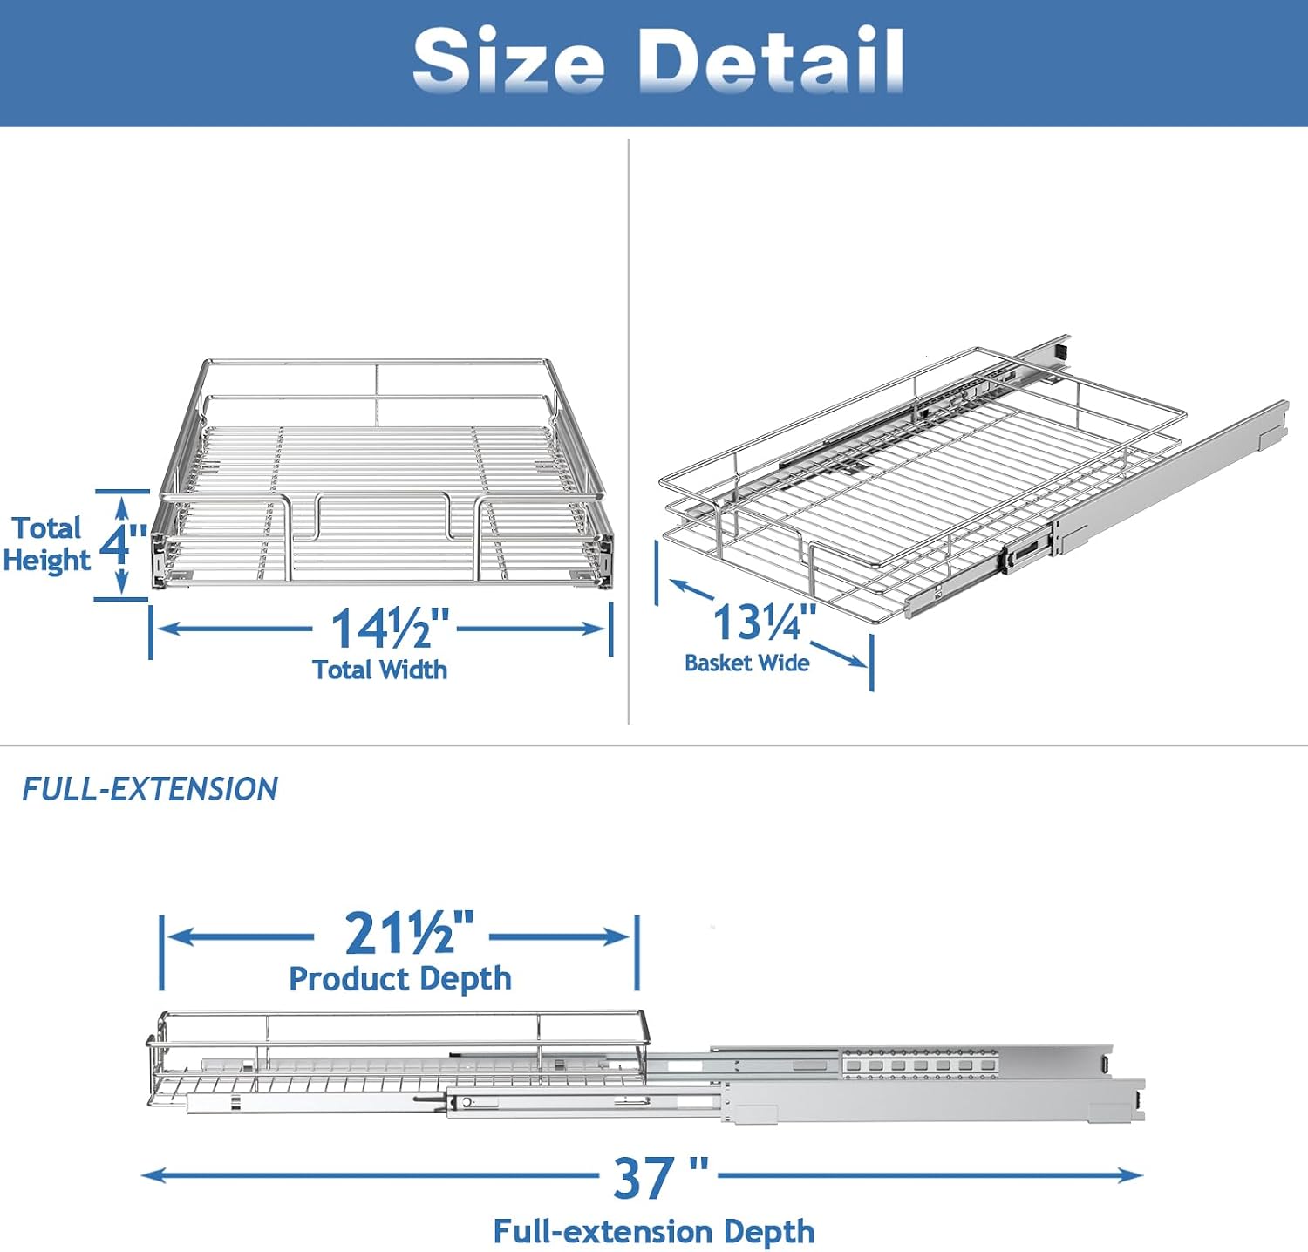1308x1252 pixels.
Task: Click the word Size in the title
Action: (508, 60)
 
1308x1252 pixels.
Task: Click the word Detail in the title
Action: (771, 60)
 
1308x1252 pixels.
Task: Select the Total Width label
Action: (380, 670)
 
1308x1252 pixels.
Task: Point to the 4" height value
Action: (123, 543)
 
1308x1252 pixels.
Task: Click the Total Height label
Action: (46, 544)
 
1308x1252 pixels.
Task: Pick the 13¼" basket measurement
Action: (765, 622)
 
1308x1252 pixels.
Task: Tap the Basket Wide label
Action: (746, 663)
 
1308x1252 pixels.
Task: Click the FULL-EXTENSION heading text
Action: (149, 789)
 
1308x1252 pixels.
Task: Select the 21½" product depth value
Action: (409, 933)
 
